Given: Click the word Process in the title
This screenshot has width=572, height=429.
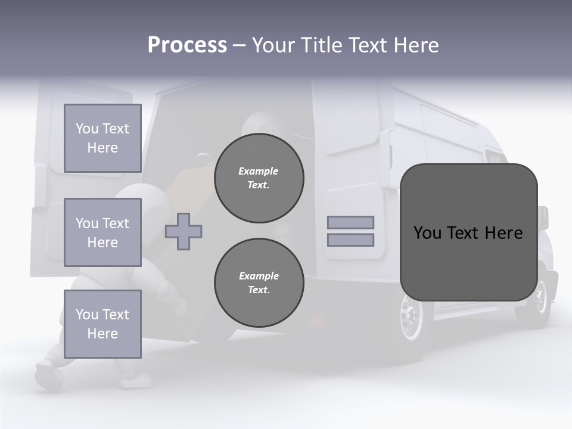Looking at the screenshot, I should click(187, 45).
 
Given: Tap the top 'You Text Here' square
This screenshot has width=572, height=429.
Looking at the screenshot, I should click(102, 138).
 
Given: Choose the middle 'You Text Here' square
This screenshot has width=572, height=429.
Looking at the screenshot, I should click(102, 232).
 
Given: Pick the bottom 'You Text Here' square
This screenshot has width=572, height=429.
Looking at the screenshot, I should click(102, 324).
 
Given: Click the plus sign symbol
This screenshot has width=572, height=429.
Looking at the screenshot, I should click(184, 231).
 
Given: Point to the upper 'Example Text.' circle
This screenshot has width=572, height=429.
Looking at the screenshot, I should click(259, 178).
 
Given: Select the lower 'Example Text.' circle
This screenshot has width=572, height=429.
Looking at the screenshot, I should click(259, 283).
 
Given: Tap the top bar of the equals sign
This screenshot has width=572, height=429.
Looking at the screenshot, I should click(350, 222).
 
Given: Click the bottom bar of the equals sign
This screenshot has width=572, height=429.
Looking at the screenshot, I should click(350, 240).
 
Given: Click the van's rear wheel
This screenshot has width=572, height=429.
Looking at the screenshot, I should click(411, 316).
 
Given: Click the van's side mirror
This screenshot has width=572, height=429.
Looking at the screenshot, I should click(543, 217).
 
